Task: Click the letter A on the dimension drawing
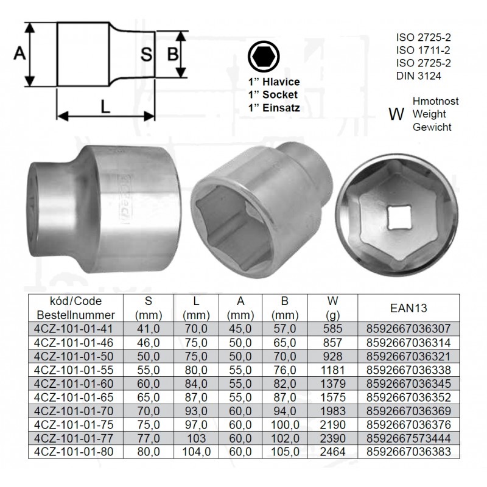(19, 53)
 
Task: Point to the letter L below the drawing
(105, 108)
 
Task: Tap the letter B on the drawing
(173, 54)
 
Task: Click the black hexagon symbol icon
(264, 57)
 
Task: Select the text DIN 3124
(418, 75)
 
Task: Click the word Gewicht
(432, 127)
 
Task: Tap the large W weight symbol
(396, 114)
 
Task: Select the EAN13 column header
(408, 308)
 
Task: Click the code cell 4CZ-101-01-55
(74, 370)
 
